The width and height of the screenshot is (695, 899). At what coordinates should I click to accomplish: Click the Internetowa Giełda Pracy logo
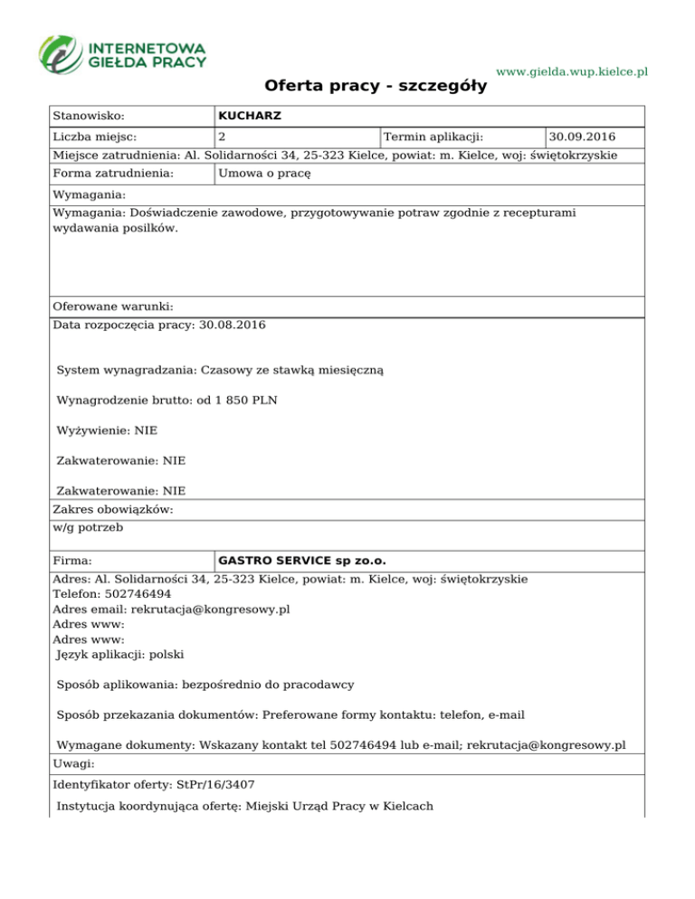122,53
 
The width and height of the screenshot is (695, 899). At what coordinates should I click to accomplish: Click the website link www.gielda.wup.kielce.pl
573,71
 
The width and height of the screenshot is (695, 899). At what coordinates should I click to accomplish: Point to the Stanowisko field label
89,116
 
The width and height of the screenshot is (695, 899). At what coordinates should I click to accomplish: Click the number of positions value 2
222,137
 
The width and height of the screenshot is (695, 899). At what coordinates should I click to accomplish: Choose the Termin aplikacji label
433,137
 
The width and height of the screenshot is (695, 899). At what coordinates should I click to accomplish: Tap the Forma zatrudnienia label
113,173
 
